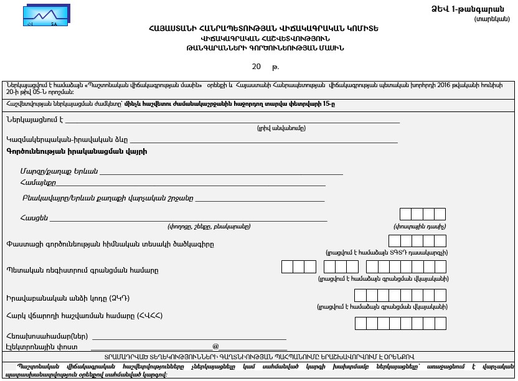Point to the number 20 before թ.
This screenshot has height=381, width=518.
[257, 66]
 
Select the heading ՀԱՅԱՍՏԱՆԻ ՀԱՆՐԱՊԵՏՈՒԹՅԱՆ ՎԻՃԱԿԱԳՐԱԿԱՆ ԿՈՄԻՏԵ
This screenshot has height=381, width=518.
[263, 29]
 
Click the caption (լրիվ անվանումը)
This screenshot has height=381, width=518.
[281, 128]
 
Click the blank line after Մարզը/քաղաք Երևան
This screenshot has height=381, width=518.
[221, 172]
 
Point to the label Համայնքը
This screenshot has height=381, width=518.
[38, 183]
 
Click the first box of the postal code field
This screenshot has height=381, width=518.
[406, 215]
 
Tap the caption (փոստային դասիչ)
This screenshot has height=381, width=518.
[420, 226]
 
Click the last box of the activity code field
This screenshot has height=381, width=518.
[440, 241]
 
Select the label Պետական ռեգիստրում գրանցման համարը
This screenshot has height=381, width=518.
[82, 270]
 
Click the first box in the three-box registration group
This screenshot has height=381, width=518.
[287, 267]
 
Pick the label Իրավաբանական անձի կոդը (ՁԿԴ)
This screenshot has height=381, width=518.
[68, 298]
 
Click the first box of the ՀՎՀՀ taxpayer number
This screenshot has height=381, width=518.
[360, 323]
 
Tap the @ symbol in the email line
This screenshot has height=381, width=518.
[216, 346]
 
